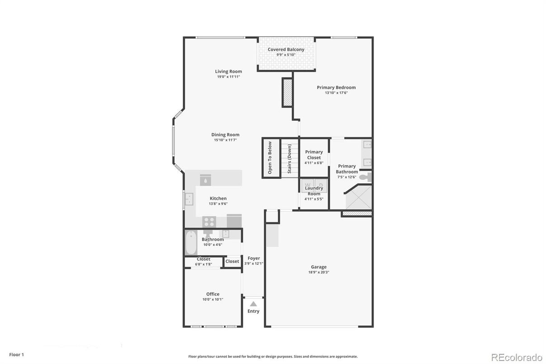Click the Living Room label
228,72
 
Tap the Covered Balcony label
286,49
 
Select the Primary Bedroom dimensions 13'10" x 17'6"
336,93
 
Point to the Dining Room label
225,134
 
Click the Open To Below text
270,158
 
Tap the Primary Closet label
314,155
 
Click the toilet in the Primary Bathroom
369,177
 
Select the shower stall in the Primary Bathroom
358,199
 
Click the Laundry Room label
314,191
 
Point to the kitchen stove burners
209,222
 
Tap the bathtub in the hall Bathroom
191,243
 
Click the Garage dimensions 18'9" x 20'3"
318,272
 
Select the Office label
213,294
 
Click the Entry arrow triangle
253,304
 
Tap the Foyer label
254,258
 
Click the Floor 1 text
16,354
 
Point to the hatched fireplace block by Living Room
287,92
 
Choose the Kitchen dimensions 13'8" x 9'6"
218,204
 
